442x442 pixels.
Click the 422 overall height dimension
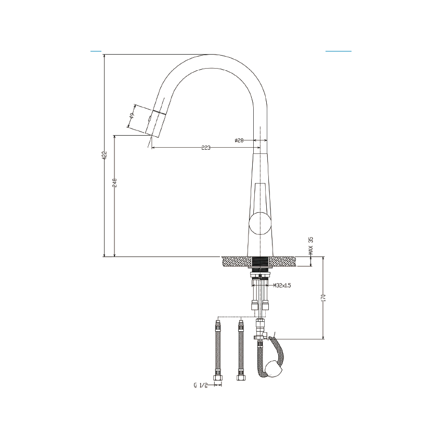(x=105, y=155)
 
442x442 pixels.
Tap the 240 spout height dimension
(x=115, y=183)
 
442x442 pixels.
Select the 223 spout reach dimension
(x=205, y=148)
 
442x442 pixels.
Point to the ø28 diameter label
(x=239, y=140)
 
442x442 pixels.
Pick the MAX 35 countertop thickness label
(x=311, y=246)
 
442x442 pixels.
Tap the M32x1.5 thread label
(x=281, y=285)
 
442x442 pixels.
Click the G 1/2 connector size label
(x=201, y=385)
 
